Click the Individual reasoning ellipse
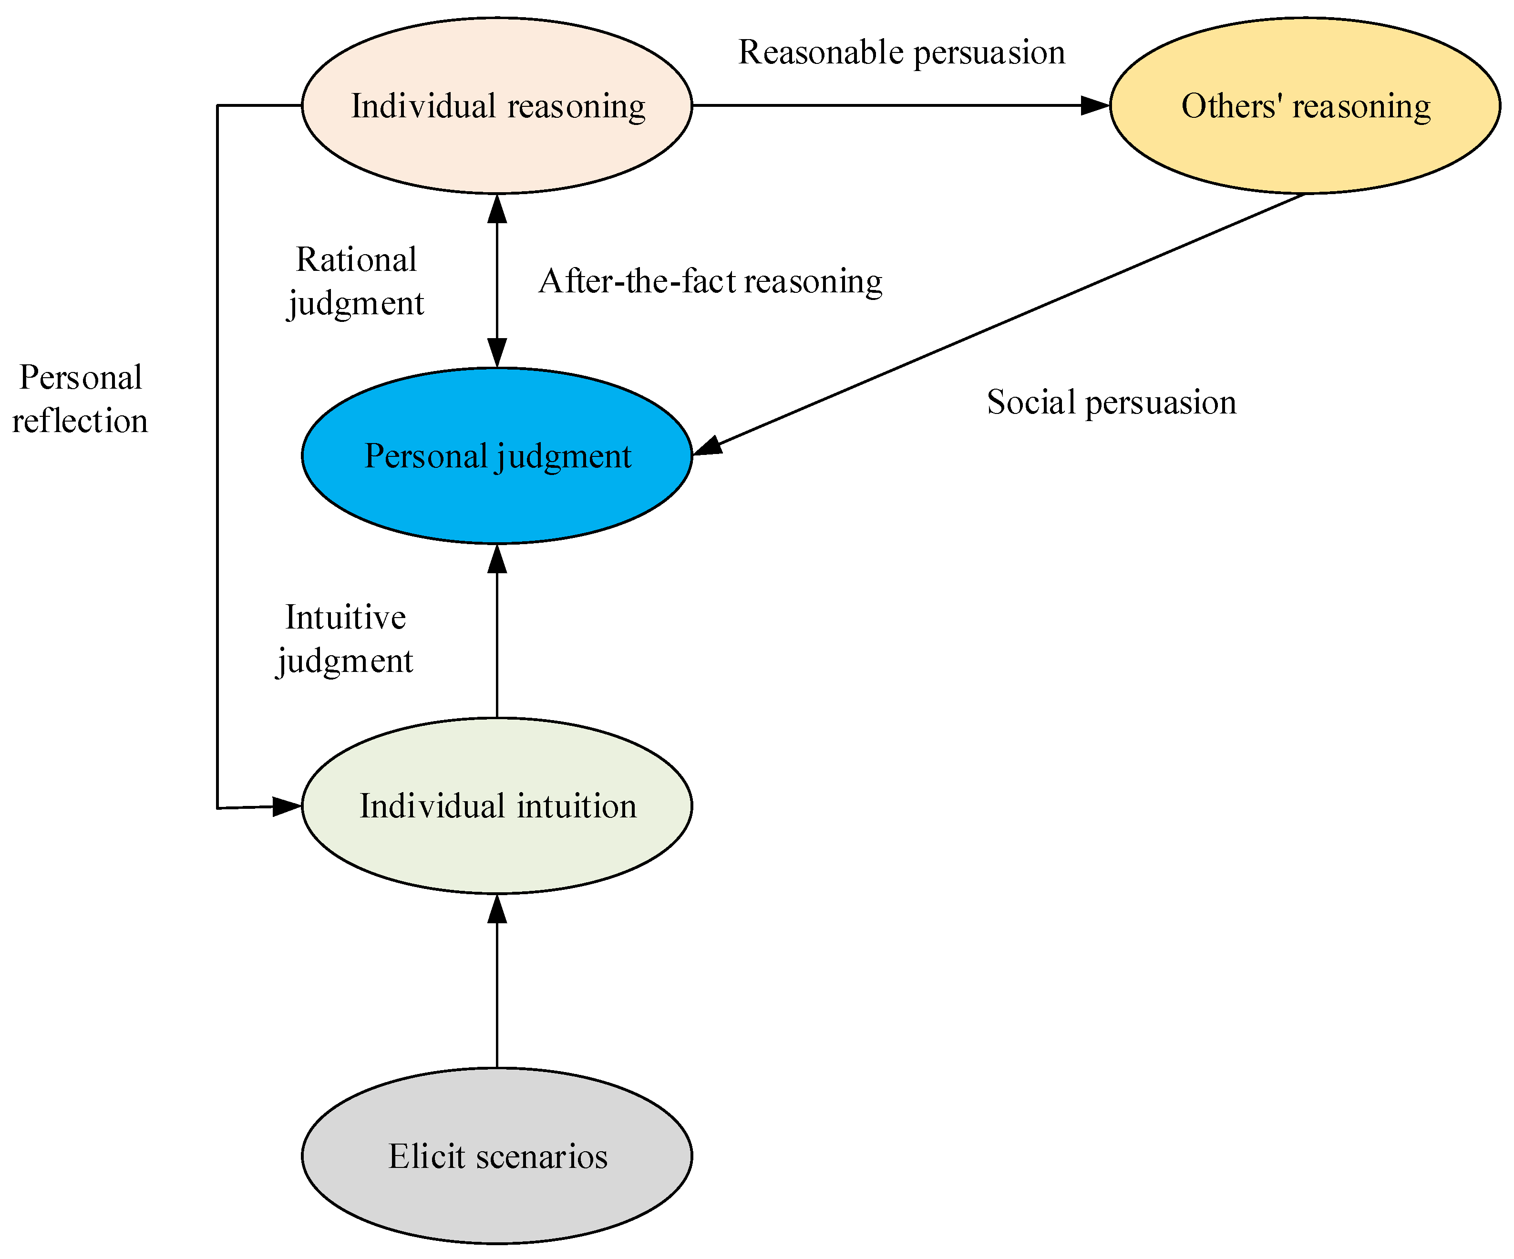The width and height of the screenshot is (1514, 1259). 497,105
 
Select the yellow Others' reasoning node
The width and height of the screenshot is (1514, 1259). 1305,105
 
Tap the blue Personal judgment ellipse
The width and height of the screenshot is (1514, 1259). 497,456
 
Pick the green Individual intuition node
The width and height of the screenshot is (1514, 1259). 497,805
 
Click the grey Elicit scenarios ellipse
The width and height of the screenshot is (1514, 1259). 497,1156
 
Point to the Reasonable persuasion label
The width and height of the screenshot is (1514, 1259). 901,52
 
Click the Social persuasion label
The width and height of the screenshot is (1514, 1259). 1111,402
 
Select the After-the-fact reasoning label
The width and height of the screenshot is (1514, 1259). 710,281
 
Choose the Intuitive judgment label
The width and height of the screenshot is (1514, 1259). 345,639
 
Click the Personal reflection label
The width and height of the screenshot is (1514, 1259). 80,399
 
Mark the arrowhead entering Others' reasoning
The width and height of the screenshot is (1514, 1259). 1096,105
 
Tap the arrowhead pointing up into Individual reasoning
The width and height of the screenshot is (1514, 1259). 497,207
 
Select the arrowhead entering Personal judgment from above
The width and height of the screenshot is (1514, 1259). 497,353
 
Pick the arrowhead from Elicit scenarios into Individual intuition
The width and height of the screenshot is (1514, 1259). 497,908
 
